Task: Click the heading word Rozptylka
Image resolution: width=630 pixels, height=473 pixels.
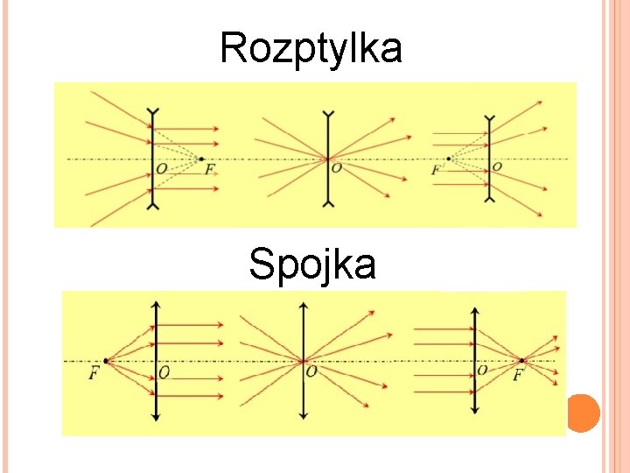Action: (x=311, y=48)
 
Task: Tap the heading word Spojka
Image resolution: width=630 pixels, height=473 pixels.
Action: (x=312, y=264)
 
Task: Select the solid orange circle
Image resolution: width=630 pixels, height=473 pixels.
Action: (x=584, y=413)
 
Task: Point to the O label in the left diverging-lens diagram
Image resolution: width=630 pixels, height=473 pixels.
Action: (x=162, y=169)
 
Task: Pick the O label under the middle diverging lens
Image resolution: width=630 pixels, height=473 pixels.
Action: (x=337, y=167)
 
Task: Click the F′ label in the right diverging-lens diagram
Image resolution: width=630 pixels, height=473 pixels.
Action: (x=438, y=169)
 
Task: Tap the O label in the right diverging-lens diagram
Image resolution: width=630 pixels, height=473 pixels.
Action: (x=497, y=166)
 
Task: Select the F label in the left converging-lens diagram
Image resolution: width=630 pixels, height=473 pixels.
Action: (x=94, y=373)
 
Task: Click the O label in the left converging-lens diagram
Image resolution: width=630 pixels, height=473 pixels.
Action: (x=164, y=373)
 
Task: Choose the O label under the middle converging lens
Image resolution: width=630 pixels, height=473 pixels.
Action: (x=311, y=372)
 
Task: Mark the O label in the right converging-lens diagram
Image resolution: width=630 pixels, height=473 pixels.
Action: (x=482, y=371)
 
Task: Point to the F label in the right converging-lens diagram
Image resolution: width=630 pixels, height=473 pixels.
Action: (x=518, y=375)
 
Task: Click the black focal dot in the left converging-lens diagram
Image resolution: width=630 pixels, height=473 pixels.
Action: (x=106, y=360)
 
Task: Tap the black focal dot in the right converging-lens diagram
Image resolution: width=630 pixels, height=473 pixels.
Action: (x=522, y=360)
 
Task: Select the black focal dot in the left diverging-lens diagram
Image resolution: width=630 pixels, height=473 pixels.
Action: (x=201, y=159)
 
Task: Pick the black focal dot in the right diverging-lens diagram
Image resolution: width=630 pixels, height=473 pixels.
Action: (x=449, y=159)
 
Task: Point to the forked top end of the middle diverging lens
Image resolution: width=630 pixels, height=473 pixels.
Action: (x=328, y=113)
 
